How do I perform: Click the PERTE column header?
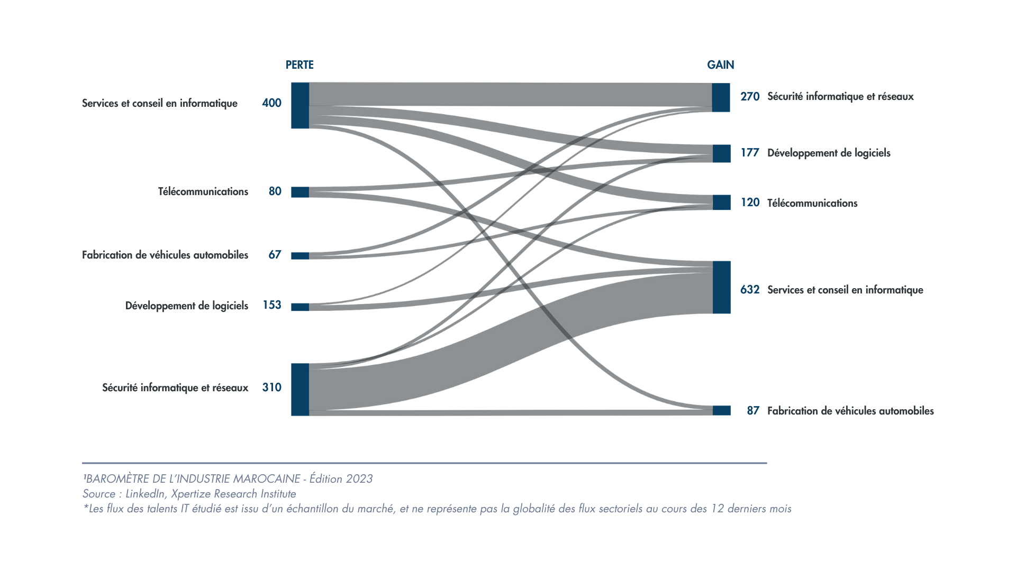(x=300, y=65)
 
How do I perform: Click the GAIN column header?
(x=720, y=65)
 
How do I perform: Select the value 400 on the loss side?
(x=271, y=103)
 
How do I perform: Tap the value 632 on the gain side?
(x=750, y=290)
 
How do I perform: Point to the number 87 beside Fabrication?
(x=753, y=411)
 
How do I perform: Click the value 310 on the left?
(x=271, y=388)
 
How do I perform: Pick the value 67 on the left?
(x=275, y=255)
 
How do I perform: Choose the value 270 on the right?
(x=750, y=97)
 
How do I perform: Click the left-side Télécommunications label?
(x=203, y=191)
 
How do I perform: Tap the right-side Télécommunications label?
(x=812, y=203)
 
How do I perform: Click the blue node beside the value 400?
(x=300, y=105)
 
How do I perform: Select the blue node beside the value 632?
(x=721, y=287)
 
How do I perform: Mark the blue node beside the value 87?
(x=721, y=410)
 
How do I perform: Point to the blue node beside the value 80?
(x=300, y=192)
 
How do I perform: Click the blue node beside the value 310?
(x=300, y=389)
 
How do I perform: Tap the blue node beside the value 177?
(x=721, y=153)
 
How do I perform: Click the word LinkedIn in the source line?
(x=144, y=494)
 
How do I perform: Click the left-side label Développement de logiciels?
(x=186, y=306)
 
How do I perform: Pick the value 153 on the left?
(x=271, y=305)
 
